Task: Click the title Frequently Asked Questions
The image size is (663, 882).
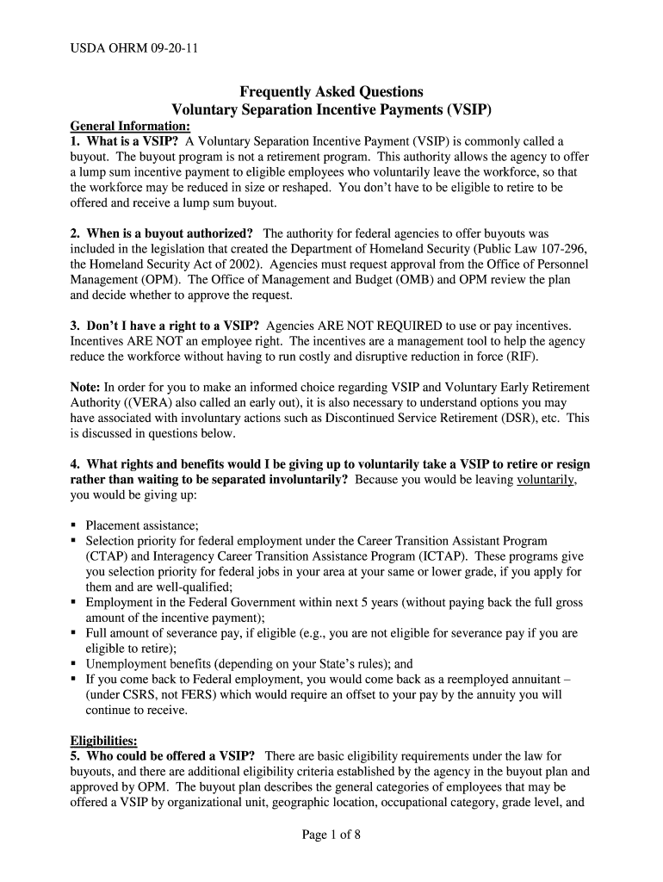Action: coord(331,92)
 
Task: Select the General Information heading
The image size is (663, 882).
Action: coord(129,126)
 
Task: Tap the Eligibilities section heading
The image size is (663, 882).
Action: coord(102,741)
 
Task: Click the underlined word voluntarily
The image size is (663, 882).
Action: coord(545,480)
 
